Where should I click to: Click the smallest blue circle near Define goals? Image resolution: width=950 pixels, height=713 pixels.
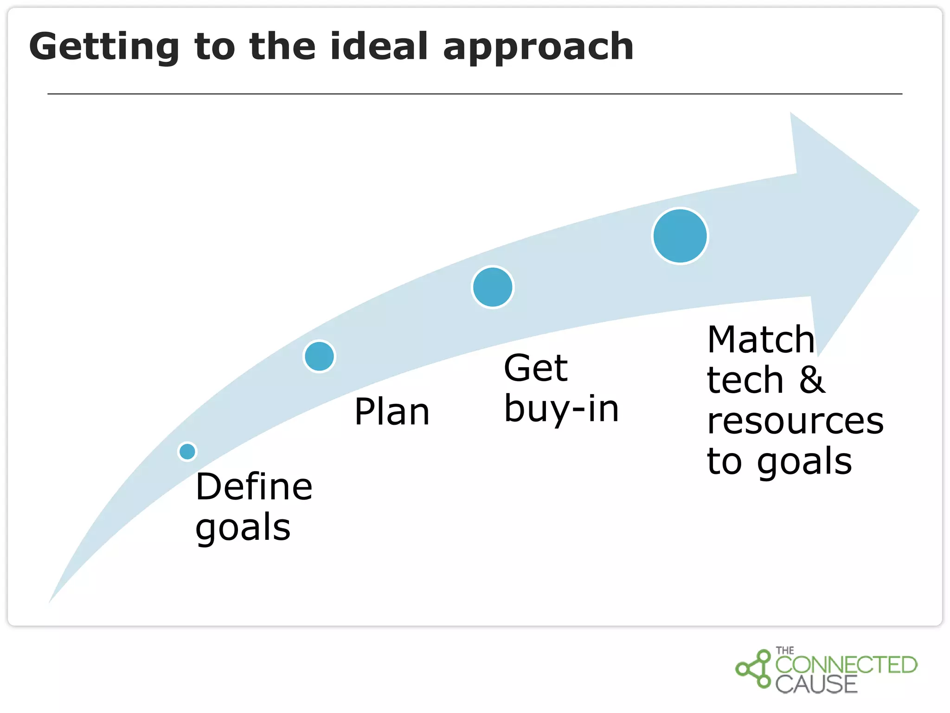click(187, 451)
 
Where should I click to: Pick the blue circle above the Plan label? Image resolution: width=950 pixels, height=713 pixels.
click(319, 356)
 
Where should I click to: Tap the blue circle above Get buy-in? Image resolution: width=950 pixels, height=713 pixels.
click(493, 287)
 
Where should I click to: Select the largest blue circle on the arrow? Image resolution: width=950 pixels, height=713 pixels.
click(680, 236)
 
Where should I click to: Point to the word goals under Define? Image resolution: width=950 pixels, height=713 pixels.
click(243, 528)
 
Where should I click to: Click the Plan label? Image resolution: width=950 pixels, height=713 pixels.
click(392, 412)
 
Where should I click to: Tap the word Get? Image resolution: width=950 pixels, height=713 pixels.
click(535, 368)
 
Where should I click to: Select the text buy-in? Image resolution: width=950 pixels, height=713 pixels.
click(561, 409)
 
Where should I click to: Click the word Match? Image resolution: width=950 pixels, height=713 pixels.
click(761, 340)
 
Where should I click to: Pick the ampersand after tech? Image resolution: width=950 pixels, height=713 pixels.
click(812, 380)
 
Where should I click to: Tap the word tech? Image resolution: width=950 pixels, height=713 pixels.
click(745, 380)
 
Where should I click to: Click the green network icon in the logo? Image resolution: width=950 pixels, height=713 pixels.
click(754, 669)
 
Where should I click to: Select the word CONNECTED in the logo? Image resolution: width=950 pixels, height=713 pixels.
click(846, 665)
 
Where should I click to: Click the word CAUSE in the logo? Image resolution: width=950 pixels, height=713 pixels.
click(816, 685)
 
